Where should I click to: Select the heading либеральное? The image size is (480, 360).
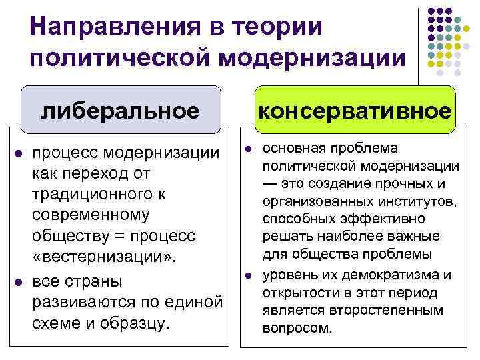pyautogui.click(x=120, y=110)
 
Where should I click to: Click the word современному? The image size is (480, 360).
pyautogui.click(x=91, y=215)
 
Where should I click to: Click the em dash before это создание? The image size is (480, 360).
pyautogui.click(x=271, y=183)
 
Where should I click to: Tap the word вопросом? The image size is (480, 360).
pyautogui.click(x=297, y=329)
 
